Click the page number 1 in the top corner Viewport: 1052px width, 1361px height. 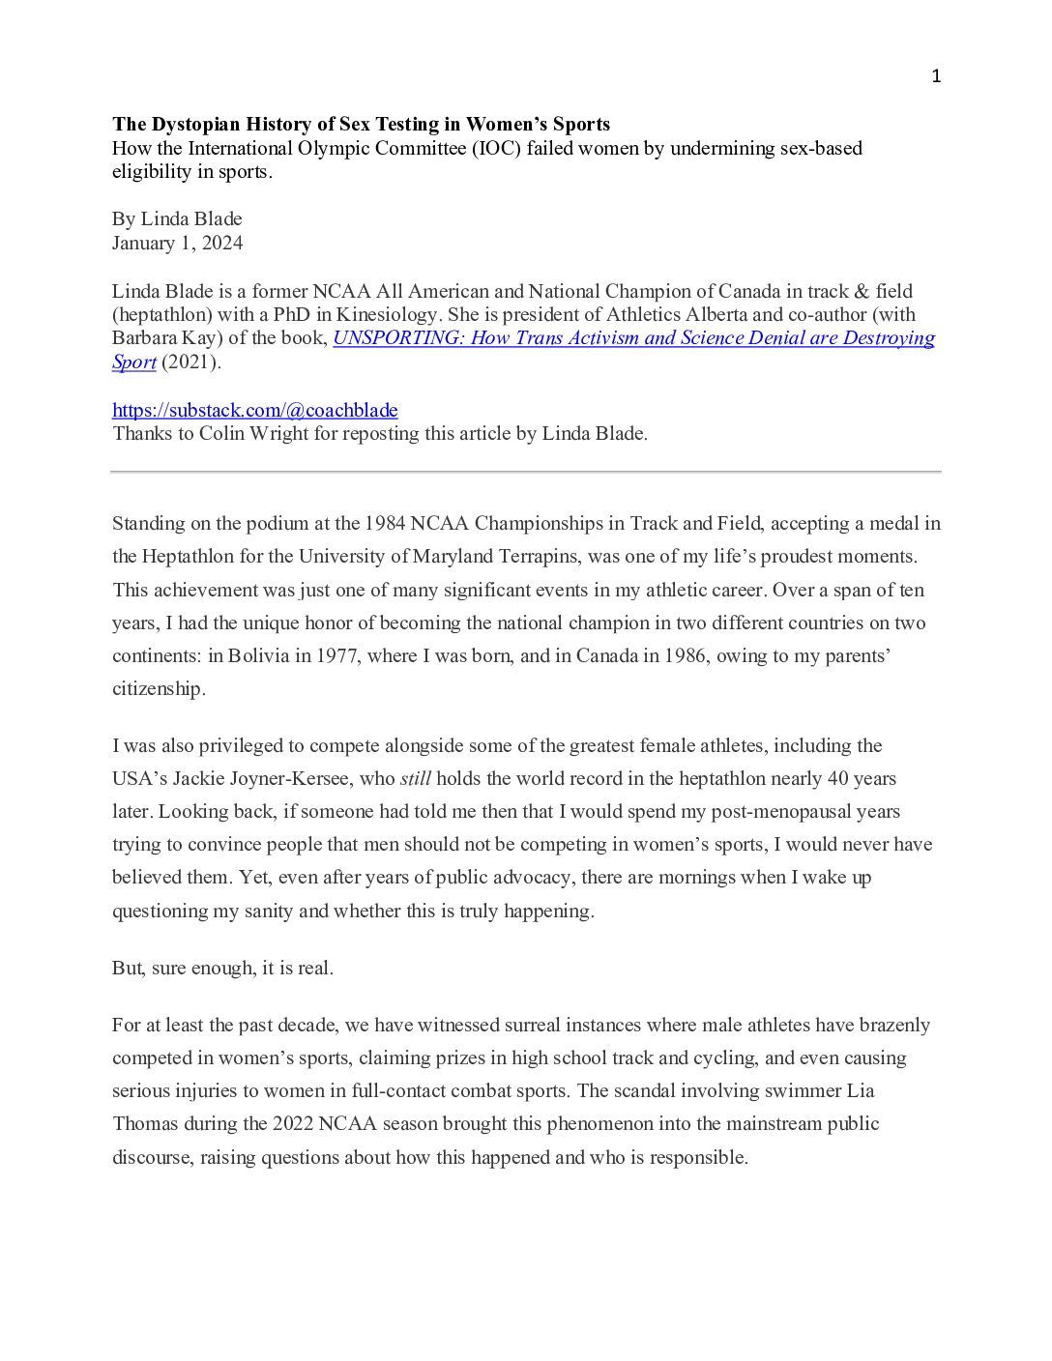click(936, 76)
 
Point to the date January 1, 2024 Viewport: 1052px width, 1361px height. click(177, 243)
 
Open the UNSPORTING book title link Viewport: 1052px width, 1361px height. click(633, 338)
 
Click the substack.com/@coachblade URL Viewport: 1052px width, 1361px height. click(255, 410)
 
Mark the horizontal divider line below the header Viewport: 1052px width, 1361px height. click(525, 472)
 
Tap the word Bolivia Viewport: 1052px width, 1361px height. click(258, 655)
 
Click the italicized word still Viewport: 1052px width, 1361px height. click(416, 778)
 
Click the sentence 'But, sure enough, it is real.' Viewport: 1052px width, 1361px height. click(222, 968)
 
